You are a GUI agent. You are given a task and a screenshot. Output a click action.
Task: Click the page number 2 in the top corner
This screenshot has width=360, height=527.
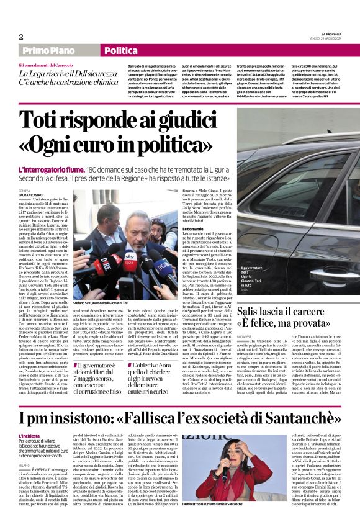tap(21, 37)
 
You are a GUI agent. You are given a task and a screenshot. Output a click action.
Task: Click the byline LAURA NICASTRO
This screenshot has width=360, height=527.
tap(32, 194)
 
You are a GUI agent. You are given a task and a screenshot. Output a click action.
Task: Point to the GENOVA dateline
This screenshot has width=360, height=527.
tap(24, 190)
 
